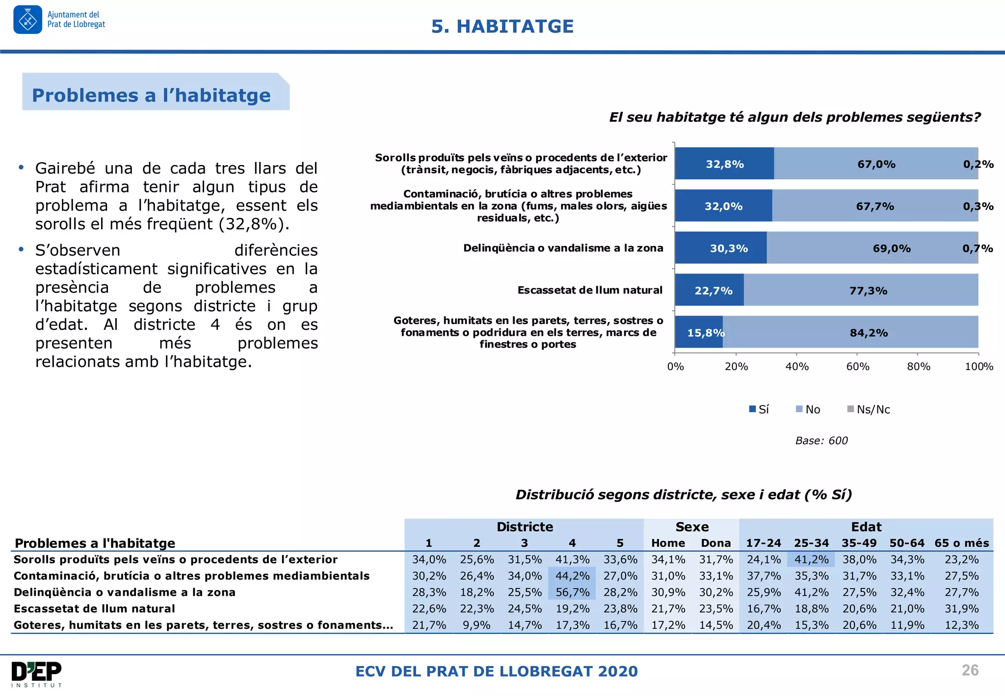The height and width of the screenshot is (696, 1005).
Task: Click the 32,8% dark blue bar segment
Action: [x=724, y=163]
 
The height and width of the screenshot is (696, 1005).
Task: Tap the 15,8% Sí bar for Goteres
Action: [x=699, y=332]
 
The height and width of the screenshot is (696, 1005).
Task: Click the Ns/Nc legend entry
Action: [x=869, y=409]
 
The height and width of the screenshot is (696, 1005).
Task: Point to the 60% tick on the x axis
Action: [x=857, y=366]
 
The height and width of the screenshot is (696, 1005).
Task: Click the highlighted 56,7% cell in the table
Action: [x=572, y=592]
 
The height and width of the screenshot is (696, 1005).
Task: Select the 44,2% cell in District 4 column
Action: [x=572, y=576]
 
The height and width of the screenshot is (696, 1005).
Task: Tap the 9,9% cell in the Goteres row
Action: [x=476, y=625]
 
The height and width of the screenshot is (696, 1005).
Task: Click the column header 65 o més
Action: [x=961, y=543]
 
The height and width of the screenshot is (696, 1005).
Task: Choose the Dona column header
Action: [x=715, y=543]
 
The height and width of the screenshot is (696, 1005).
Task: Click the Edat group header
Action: [x=866, y=527]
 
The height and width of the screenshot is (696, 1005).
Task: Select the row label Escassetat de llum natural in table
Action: [x=94, y=609]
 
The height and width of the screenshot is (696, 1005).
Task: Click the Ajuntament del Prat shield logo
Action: [x=28, y=20]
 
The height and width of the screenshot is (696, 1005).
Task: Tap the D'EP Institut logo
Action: [x=37, y=674]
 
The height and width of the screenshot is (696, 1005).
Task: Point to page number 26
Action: [x=970, y=670]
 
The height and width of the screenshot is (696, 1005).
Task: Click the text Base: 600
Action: [x=821, y=441]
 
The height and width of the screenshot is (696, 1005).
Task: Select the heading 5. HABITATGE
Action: [x=502, y=27]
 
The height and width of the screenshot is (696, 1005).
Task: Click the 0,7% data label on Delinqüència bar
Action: [x=977, y=248]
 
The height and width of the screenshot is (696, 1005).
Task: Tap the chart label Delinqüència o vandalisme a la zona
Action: [x=563, y=248]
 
